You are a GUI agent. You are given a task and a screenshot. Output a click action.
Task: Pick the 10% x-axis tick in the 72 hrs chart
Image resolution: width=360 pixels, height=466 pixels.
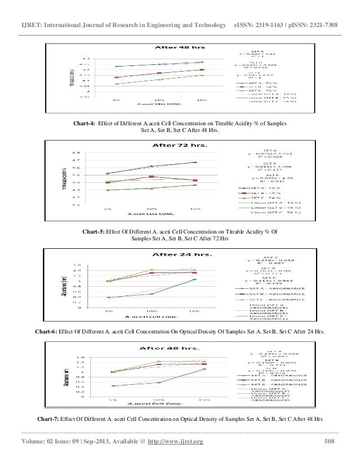coord(150,209)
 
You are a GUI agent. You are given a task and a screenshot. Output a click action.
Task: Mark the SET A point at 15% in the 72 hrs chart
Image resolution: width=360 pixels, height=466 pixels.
coord(195,162)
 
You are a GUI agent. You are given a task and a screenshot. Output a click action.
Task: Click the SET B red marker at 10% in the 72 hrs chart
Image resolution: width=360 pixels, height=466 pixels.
coord(151,177)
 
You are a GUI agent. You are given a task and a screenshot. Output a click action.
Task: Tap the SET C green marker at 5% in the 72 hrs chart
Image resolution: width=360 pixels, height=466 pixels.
coord(107,190)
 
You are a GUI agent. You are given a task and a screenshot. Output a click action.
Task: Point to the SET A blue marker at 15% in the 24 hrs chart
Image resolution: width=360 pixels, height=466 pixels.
coord(195,279)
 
